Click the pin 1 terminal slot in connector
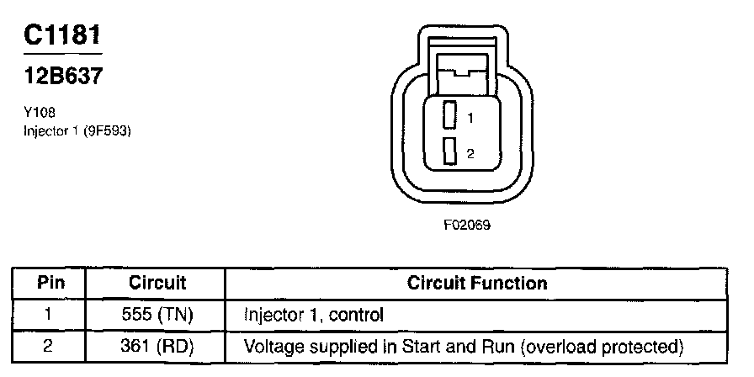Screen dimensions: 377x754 point(451,115)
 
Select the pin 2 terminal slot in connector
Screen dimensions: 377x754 point(451,151)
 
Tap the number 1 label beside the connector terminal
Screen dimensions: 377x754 point(470,119)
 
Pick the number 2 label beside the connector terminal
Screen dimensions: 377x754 point(470,153)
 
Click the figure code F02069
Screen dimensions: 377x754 point(468,225)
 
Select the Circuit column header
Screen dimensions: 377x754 point(157,284)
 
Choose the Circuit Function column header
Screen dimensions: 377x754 point(476,284)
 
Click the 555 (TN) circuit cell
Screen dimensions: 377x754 point(157,316)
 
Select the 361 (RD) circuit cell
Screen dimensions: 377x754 point(157,346)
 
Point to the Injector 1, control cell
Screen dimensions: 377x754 point(313,316)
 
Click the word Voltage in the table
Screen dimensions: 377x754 point(269,346)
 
